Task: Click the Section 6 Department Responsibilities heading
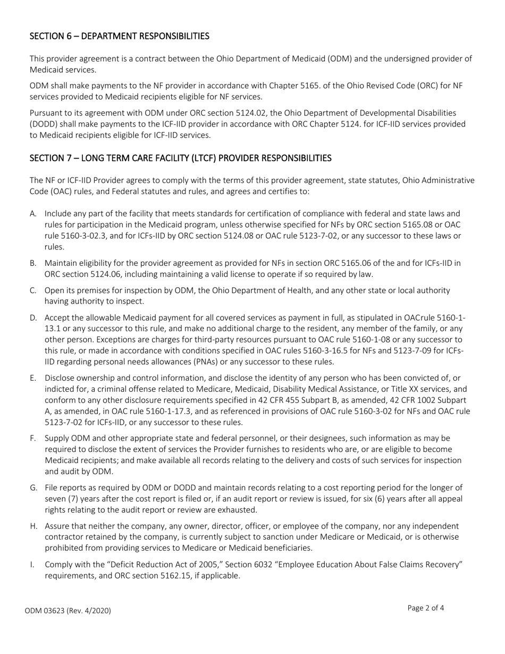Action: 119,36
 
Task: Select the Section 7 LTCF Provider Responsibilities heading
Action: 180,158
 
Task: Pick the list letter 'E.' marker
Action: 33,378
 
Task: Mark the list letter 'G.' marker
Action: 33,487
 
